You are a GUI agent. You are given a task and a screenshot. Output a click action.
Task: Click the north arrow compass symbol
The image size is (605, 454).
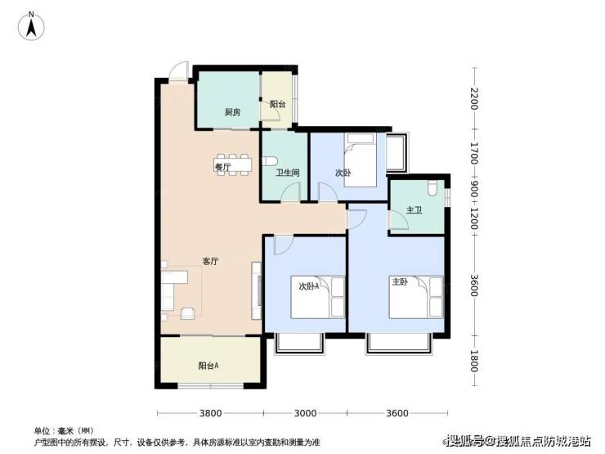coord(31,26)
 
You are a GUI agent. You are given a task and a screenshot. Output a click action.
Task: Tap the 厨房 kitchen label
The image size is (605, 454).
coord(233,112)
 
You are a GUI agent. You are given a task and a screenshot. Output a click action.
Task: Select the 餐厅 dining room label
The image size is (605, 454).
coord(222,167)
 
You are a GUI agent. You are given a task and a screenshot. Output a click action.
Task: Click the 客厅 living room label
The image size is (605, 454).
coord(211,262)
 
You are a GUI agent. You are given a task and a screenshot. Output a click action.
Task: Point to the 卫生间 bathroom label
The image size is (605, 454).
coord(288,173)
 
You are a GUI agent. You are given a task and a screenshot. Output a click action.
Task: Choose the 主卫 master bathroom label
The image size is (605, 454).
coord(414,210)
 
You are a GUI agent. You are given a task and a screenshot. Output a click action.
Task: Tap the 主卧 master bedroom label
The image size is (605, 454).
coord(400,282)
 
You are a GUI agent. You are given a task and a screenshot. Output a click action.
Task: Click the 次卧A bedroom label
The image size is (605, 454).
coord(309,286)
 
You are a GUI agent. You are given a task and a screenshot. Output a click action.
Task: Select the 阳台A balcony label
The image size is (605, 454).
coord(208,366)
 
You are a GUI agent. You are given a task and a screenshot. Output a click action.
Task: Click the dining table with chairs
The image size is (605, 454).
coord(233,165)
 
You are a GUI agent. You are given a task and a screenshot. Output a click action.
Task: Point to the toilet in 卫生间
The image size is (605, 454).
coord(270,160)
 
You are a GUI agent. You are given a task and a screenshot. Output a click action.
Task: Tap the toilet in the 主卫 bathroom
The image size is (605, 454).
coord(432,188)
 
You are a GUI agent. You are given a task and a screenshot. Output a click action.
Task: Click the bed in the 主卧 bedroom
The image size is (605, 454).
coord(416,297)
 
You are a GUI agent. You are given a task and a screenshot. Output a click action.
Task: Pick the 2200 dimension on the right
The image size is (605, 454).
coord(474,99)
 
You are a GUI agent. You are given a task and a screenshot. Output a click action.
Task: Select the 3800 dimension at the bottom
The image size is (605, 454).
coord(210,413)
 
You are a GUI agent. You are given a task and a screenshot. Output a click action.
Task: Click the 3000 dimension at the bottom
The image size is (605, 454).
coord(305,413)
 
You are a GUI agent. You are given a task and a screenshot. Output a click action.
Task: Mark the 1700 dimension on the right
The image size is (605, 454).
coord(474,153)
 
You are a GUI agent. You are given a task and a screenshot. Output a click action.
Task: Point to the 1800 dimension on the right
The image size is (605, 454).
coord(474,361)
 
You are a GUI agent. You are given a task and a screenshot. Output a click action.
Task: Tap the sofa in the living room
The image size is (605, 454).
coord(174,290)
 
